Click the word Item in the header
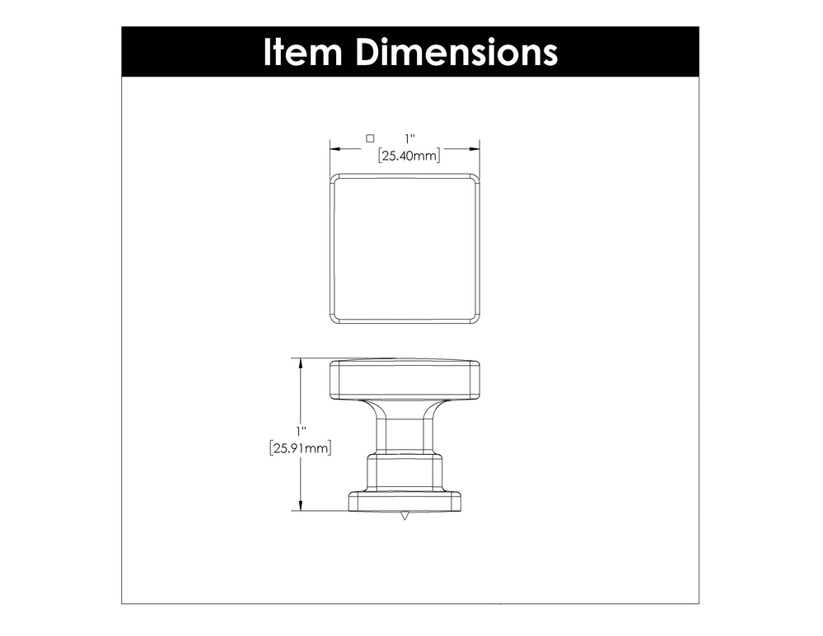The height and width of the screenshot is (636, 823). point(302,53)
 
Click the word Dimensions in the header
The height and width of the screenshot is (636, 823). point(456,53)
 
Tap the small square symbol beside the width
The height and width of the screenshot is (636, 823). point(370,138)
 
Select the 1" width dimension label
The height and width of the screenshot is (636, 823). point(409,139)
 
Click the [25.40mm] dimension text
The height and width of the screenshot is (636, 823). point(409,156)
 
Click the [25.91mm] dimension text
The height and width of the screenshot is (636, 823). point(300,449)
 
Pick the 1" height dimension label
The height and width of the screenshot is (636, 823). point(301,432)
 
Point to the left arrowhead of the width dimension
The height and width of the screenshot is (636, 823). point(335,149)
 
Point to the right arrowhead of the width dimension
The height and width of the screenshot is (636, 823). point(475,149)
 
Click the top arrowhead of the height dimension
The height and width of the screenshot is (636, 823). point(301,363)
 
